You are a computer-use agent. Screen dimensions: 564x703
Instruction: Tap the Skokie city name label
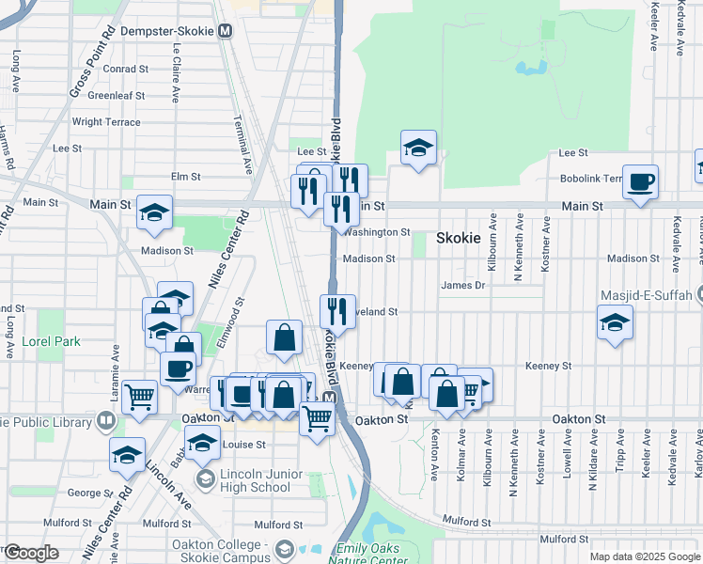click(459, 239)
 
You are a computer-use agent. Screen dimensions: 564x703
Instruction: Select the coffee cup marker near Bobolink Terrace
click(641, 181)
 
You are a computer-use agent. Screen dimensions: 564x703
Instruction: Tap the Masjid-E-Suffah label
click(651, 295)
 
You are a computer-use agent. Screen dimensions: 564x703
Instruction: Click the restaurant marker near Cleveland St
click(336, 311)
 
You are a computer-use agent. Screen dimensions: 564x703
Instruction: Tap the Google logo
click(30, 553)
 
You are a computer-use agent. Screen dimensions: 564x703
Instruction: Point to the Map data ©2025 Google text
click(645, 556)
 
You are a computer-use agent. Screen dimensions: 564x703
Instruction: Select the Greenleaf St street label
click(116, 95)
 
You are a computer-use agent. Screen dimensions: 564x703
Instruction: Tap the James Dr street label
click(461, 285)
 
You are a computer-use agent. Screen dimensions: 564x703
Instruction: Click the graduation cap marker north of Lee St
click(418, 148)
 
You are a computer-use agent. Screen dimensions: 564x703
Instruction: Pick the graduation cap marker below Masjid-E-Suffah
click(615, 324)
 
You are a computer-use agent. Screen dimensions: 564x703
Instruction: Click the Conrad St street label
click(126, 69)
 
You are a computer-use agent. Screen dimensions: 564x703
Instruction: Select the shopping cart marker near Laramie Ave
click(139, 397)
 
